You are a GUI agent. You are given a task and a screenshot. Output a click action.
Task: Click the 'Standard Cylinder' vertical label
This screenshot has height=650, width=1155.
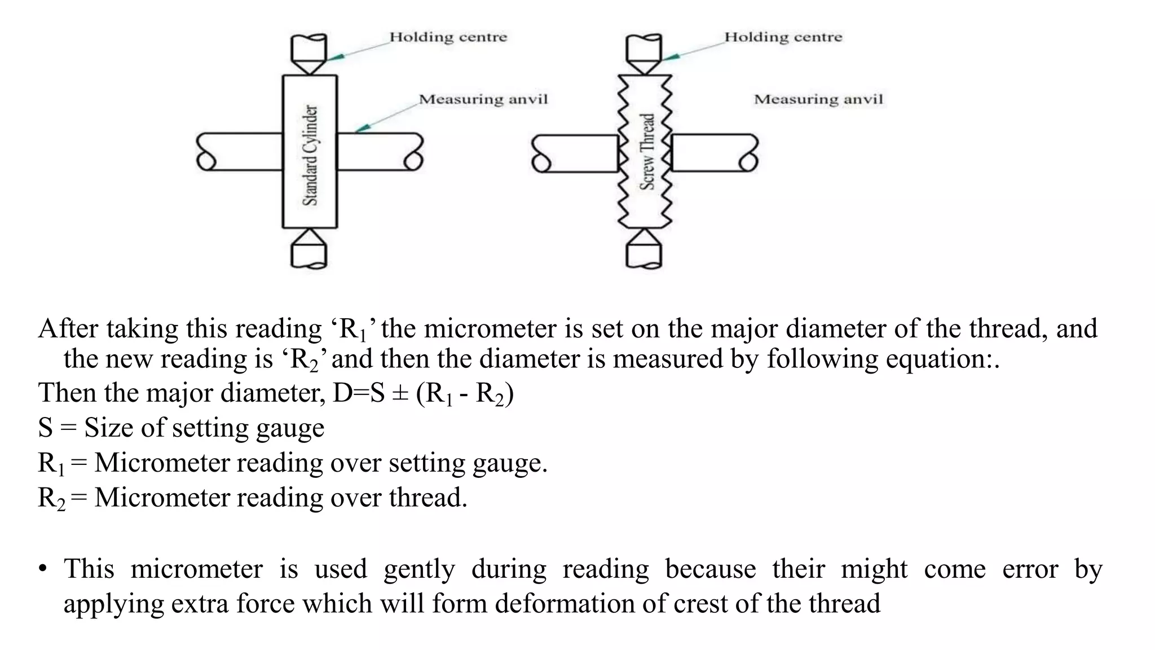pyautogui.click(x=310, y=155)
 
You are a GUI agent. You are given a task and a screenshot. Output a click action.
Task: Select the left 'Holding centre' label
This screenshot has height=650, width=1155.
pyautogui.click(x=448, y=37)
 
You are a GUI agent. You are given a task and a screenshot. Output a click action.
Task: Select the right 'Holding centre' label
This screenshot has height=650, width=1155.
pyautogui.click(x=783, y=37)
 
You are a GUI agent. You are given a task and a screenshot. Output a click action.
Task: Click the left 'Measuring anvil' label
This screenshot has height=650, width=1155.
pyautogui.click(x=483, y=99)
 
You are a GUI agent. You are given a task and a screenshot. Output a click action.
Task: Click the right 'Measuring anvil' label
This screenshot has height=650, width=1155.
pyautogui.click(x=818, y=99)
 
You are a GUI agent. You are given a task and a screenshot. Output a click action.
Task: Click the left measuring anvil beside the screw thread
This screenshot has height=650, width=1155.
pyautogui.click(x=575, y=153)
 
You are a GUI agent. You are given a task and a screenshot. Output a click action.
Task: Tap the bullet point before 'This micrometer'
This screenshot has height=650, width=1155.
pyautogui.click(x=43, y=569)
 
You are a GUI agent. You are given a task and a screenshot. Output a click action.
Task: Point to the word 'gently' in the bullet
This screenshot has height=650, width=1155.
pyautogui.click(x=419, y=569)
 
